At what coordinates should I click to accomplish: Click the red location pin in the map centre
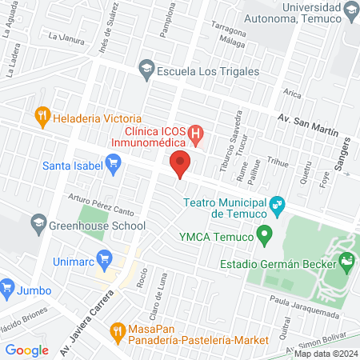pos(181,163)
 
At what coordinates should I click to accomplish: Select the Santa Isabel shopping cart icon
pos(113,166)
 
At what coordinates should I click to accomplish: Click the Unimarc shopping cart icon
pos(102,258)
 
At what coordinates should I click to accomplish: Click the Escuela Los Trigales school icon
pos(146,70)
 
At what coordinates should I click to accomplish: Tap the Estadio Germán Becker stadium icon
pos(346,260)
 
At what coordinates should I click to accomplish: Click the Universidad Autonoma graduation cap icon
pos(350,10)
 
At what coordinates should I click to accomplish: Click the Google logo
pos(26,350)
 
